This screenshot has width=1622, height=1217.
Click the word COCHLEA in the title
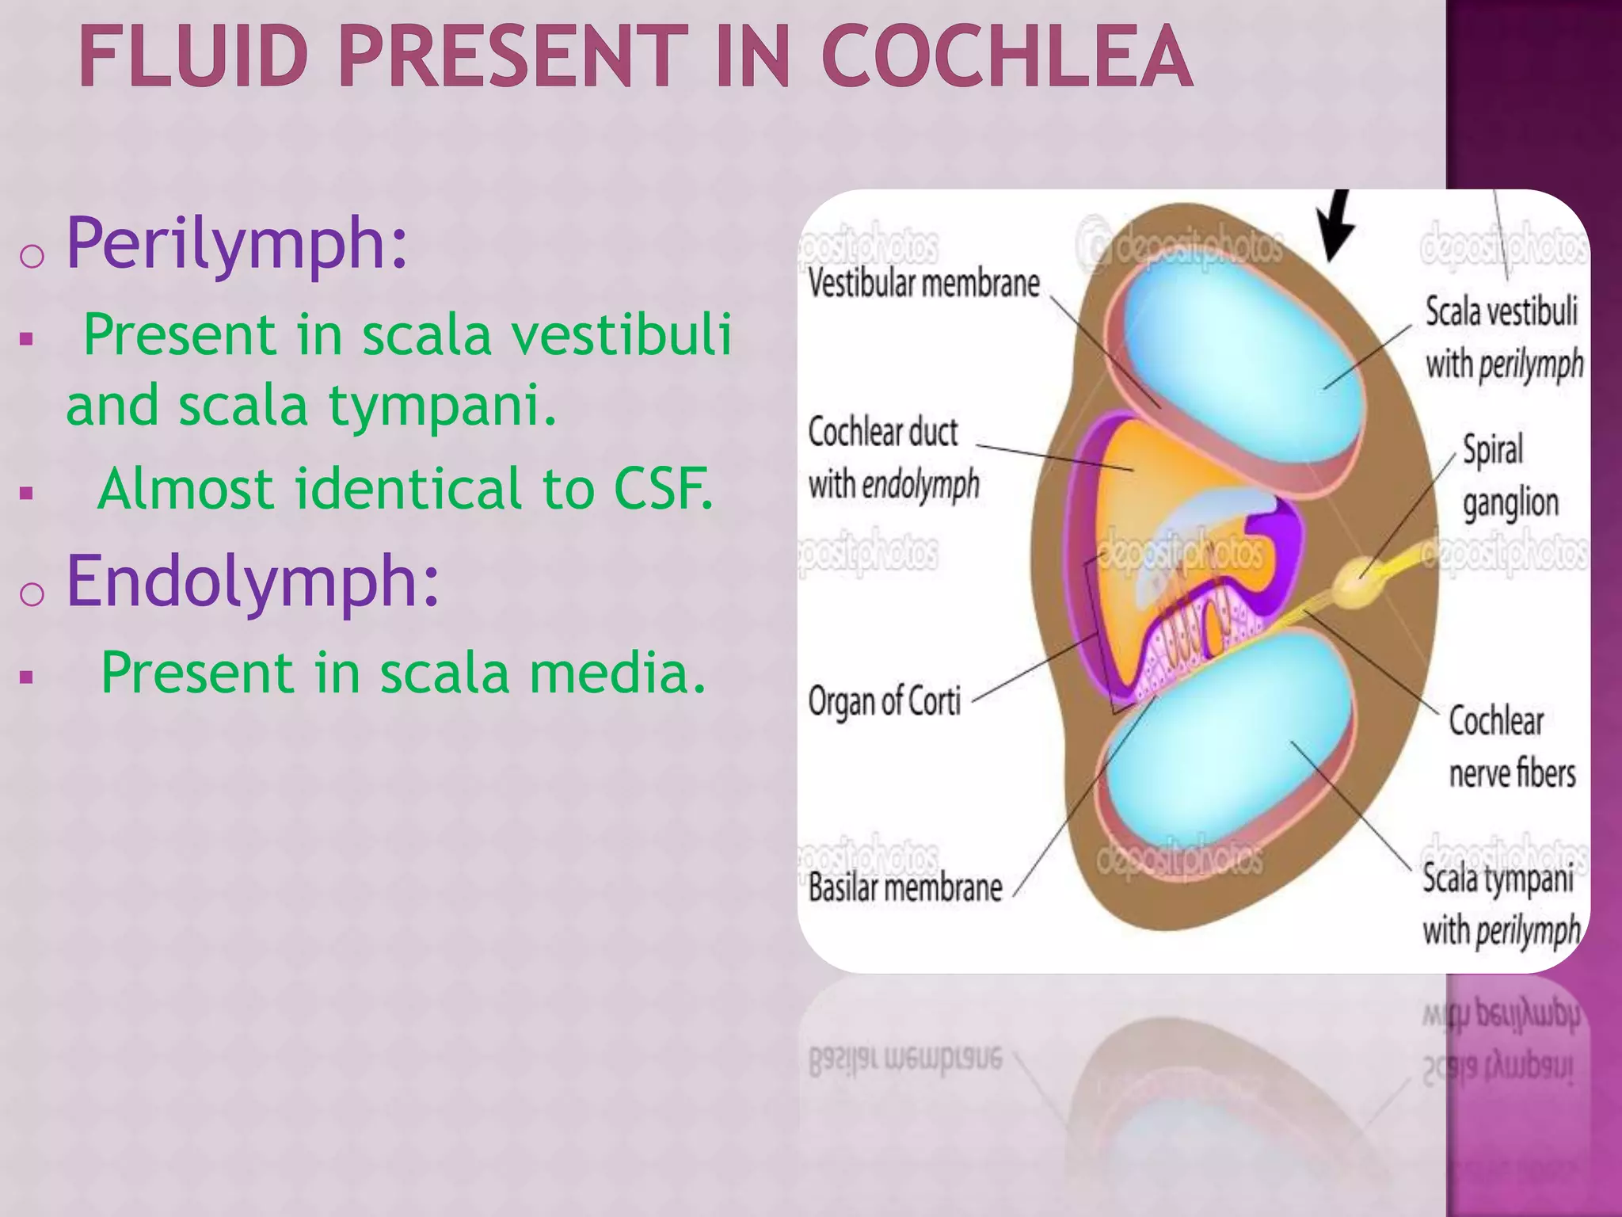point(1007,57)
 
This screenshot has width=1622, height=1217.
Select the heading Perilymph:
point(237,244)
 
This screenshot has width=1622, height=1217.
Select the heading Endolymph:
point(252,582)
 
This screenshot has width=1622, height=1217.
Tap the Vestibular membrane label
point(923,284)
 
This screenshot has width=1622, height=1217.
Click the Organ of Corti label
point(884,702)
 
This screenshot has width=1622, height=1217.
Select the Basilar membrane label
point(904,887)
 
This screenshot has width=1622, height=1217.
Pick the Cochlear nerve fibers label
point(1511,748)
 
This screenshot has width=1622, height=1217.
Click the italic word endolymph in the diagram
point(920,485)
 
